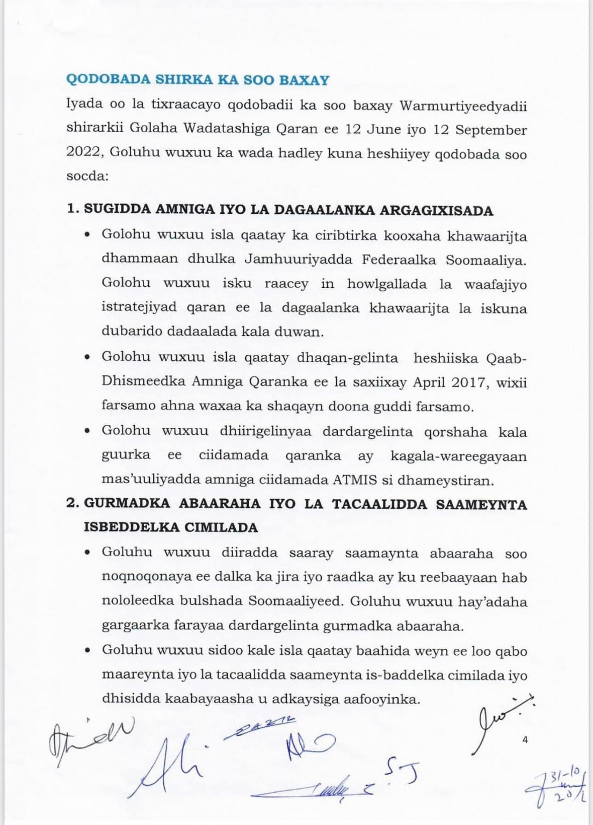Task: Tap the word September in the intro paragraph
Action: [491, 130]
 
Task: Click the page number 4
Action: [525, 740]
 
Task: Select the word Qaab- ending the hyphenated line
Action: [508, 358]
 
